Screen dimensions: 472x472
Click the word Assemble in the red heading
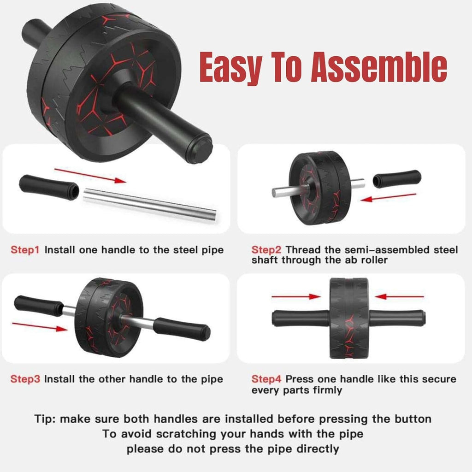[x=379, y=67]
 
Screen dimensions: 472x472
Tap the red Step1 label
[x=25, y=250]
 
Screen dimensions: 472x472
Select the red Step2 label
[x=266, y=250]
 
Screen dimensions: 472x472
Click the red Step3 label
[x=25, y=379]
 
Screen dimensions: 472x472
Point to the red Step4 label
[x=266, y=379]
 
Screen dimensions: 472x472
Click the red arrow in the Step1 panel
[x=90, y=176]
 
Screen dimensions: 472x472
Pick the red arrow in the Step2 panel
[x=388, y=197]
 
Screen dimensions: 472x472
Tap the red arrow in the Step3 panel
[x=40, y=327]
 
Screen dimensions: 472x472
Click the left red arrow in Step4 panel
[x=296, y=297]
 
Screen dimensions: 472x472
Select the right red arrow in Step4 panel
[x=399, y=297]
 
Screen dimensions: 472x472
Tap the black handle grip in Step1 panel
[x=49, y=187]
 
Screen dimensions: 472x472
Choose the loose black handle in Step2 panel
[x=397, y=179]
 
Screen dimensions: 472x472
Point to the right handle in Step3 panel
[x=182, y=329]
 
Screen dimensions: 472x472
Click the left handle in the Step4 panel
[x=300, y=318]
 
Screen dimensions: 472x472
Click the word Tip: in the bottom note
[x=45, y=419]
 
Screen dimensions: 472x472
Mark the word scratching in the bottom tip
[x=186, y=434]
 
